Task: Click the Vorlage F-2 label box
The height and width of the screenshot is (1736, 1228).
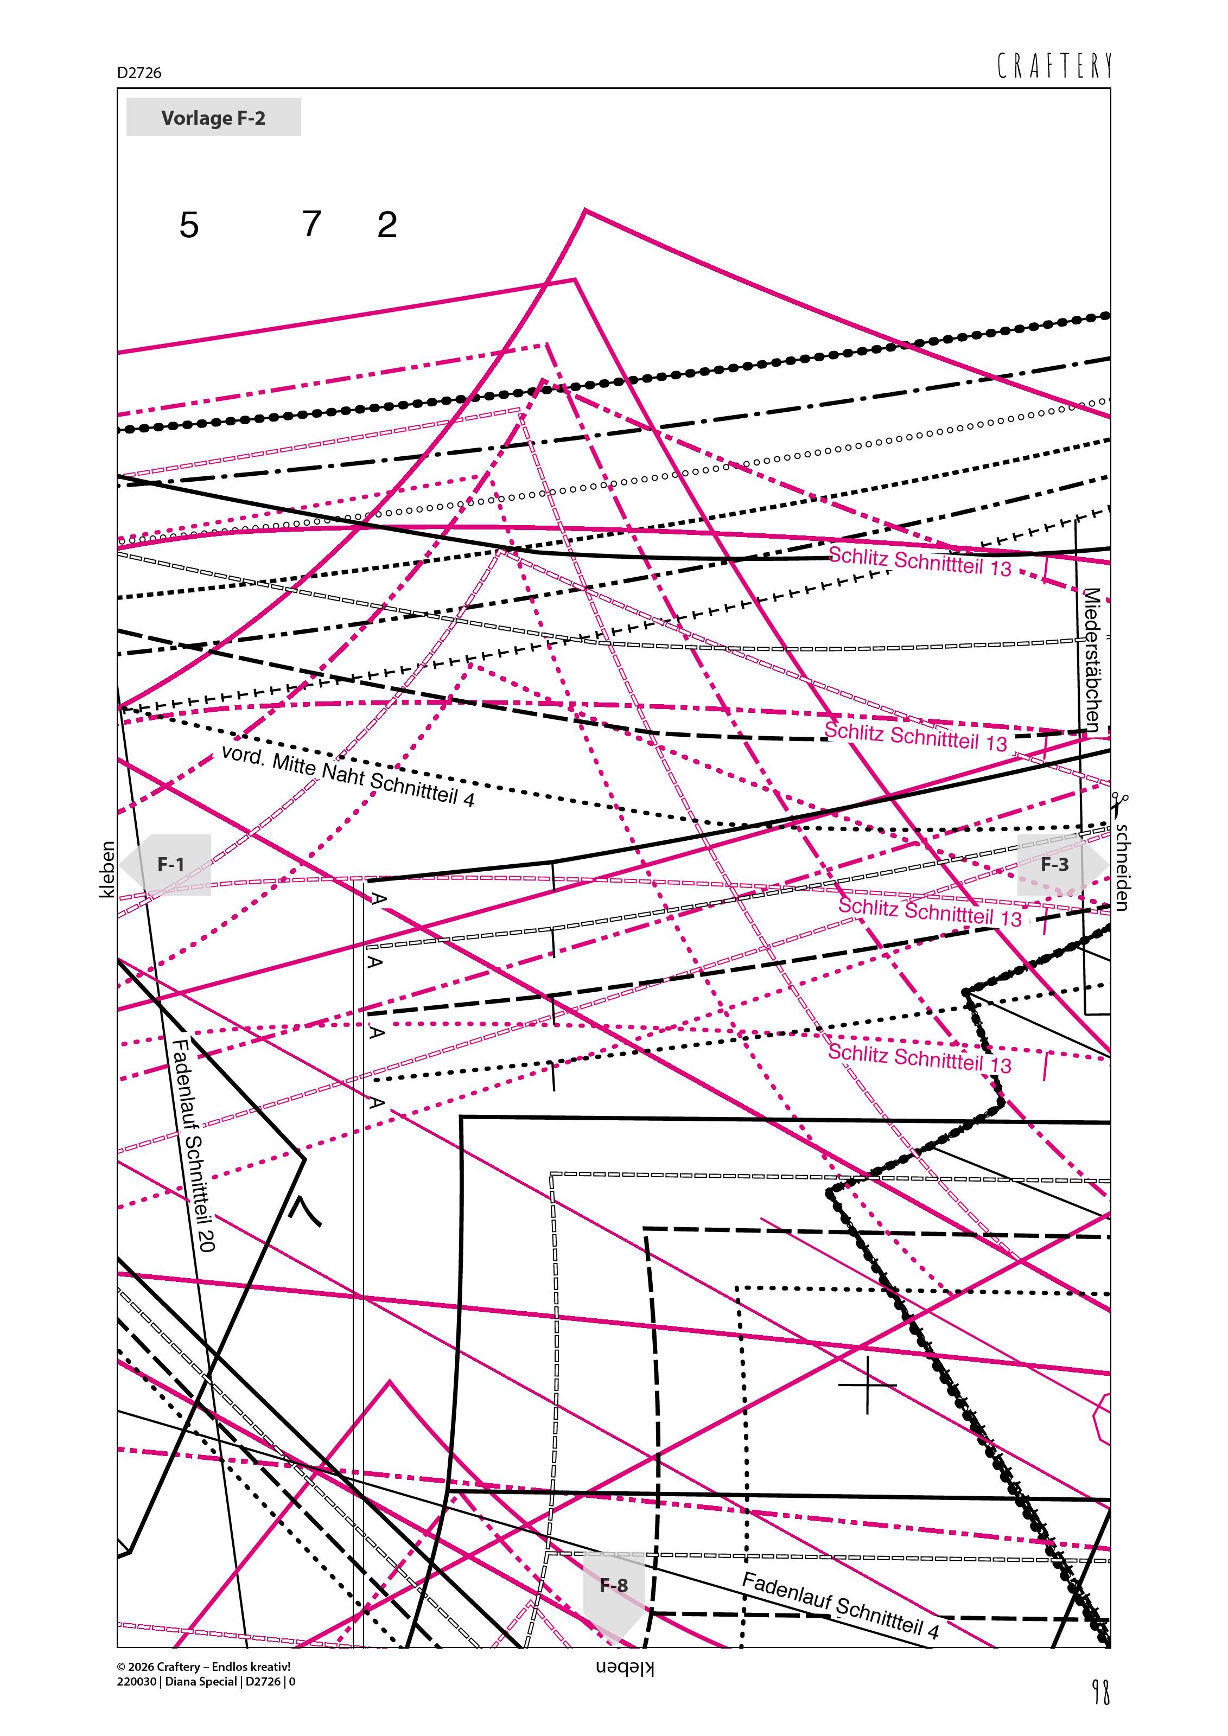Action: click(213, 117)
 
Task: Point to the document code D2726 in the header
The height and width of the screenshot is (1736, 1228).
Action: click(139, 73)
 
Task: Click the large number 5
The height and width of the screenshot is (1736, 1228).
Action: click(189, 225)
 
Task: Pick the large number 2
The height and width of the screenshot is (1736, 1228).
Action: click(387, 225)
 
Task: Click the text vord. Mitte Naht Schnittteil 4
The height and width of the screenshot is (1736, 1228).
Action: click(348, 776)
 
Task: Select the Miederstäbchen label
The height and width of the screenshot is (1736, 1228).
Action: click(1092, 659)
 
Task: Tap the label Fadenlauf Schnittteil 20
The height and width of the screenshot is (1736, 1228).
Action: click(194, 1145)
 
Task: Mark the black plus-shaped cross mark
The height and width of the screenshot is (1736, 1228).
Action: click(867, 1385)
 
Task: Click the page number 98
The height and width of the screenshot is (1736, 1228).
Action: click(1101, 1692)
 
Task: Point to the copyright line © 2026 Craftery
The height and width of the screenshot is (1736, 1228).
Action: click(203, 1667)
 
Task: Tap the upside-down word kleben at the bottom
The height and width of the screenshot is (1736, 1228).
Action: click(625, 1669)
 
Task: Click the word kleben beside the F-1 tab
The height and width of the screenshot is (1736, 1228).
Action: click(107, 870)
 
